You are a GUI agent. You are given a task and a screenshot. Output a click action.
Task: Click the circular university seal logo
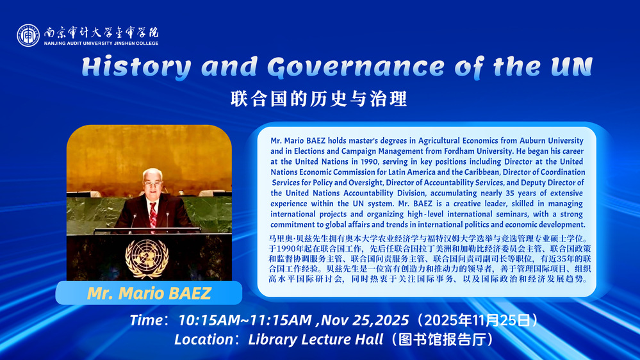click(x=28, y=35)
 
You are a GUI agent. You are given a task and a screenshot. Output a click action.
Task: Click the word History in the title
click(x=136, y=67)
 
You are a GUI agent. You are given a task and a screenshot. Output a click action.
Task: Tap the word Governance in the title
click(x=356, y=67)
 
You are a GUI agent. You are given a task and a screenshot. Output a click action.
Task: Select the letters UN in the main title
click(x=571, y=67)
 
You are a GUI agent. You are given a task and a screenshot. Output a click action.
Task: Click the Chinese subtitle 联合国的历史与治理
click(x=319, y=99)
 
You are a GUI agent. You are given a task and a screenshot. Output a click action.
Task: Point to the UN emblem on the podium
click(x=147, y=259)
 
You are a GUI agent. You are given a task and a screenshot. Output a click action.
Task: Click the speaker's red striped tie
click(x=153, y=215)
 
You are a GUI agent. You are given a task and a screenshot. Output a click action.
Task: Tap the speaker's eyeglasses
click(x=152, y=184)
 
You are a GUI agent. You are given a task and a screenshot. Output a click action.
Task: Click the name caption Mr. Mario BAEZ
click(x=149, y=293)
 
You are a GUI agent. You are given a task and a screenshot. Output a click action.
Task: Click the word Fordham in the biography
click(x=459, y=151)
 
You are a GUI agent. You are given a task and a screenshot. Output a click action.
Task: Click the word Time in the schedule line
click(x=146, y=320)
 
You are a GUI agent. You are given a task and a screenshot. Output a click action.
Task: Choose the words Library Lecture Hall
click(x=315, y=340)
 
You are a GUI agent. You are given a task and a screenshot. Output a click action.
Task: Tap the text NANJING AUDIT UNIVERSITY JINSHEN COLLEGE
click(x=101, y=44)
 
